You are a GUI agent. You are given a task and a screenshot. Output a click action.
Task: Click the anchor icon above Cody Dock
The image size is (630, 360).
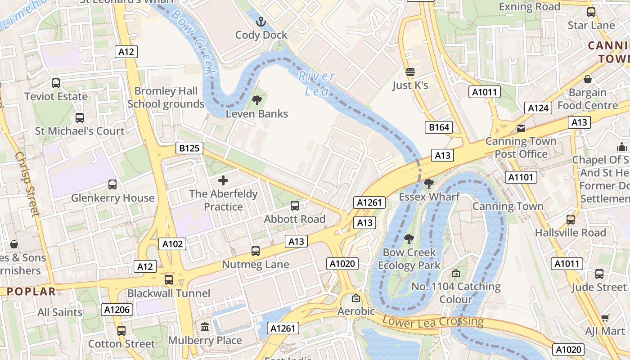point(261,21)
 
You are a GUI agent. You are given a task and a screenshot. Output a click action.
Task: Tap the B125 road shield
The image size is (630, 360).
point(189,148)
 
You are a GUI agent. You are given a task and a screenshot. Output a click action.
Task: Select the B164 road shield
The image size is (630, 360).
point(439,127)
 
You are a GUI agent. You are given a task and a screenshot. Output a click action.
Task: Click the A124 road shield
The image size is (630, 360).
point(538,108)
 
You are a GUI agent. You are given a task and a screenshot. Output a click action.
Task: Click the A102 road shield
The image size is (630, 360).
point(173,244)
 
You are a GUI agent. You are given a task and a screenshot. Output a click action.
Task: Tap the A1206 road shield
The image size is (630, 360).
point(117,309)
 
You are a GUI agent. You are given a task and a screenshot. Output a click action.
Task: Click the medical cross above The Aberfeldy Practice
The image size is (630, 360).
point(223,181)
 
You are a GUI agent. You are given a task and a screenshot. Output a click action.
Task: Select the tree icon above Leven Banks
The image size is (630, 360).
point(257,100)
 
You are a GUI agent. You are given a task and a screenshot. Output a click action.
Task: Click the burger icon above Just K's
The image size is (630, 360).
point(410,72)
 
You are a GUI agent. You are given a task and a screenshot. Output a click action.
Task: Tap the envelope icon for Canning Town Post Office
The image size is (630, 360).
point(521,128)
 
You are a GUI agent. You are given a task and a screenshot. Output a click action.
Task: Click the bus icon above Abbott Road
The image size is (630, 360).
point(295,206)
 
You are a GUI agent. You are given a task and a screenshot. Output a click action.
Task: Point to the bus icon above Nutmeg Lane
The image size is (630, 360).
point(256,251)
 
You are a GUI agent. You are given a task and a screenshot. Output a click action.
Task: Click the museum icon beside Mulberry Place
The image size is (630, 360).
point(205,327)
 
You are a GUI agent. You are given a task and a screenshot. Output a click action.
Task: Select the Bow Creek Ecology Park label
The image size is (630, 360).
point(409,259)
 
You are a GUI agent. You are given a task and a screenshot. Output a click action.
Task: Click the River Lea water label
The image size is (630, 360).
point(317,83)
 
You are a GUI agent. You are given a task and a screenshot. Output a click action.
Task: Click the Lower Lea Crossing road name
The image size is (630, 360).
point(432,321)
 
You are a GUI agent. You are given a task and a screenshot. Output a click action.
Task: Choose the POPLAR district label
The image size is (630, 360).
point(31,291)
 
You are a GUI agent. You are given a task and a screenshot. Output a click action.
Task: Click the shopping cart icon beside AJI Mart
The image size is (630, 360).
point(605,318)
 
